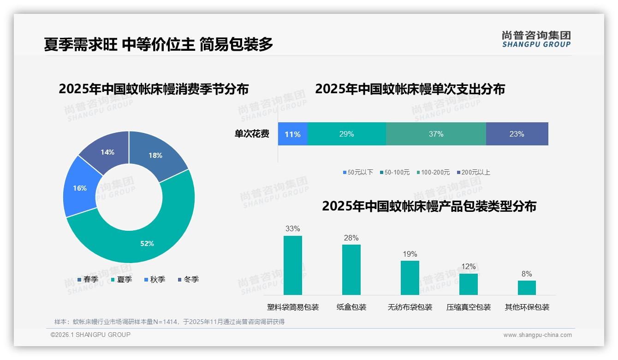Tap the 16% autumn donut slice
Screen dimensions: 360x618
(x=80, y=188)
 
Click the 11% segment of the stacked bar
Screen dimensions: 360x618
(x=292, y=134)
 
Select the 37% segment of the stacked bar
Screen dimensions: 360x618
(x=436, y=134)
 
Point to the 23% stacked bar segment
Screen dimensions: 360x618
(x=517, y=134)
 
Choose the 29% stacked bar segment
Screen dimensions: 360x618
(x=346, y=134)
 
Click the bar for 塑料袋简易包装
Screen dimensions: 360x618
(x=292, y=265)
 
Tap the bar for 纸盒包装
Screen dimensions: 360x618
(x=351, y=270)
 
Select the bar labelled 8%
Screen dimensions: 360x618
(x=527, y=288)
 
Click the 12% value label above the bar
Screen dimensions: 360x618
(x=468, y=267)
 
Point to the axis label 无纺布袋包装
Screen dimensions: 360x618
(x=410, y=307)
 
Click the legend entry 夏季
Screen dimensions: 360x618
(x=121, y=280)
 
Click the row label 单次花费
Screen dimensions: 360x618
(x=252, y=134)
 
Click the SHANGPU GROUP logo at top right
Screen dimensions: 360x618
(x=536, y=39)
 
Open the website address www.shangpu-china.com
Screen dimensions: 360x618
(x=537, y=335)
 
